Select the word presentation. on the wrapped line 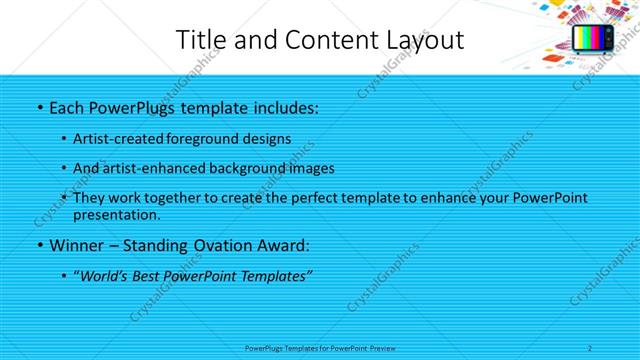(117, 214)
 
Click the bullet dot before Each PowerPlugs (39, 107)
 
